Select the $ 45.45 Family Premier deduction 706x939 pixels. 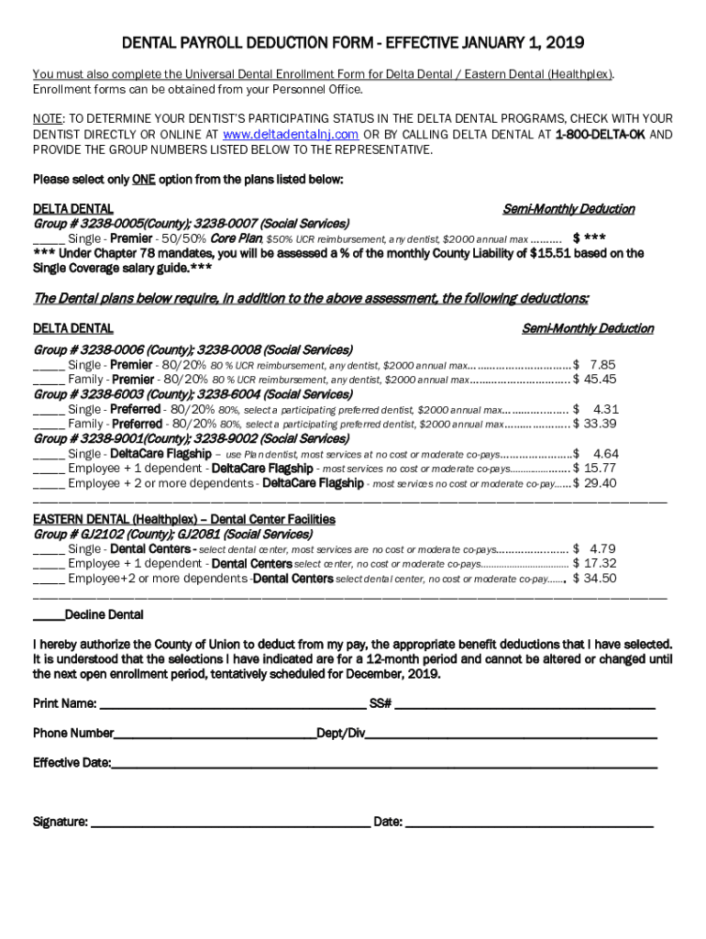[x=594, y=380]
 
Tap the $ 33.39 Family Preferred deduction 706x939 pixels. [x=594, y=424]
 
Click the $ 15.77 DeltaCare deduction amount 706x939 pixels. [x=594, y=469]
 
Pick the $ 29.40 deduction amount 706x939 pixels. [x=594, y=483]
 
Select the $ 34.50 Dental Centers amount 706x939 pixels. [x=594, y=579]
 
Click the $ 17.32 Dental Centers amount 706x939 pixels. [x=594, y=564]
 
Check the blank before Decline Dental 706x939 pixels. [x=48, y=615]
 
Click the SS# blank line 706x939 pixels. [x=524, y=705]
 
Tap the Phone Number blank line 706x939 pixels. [x=215, y=735]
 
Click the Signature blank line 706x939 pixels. [x=229, y=823]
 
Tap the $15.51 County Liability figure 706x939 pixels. [x=553, y=253]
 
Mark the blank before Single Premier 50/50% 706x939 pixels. [x=48, y=238]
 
